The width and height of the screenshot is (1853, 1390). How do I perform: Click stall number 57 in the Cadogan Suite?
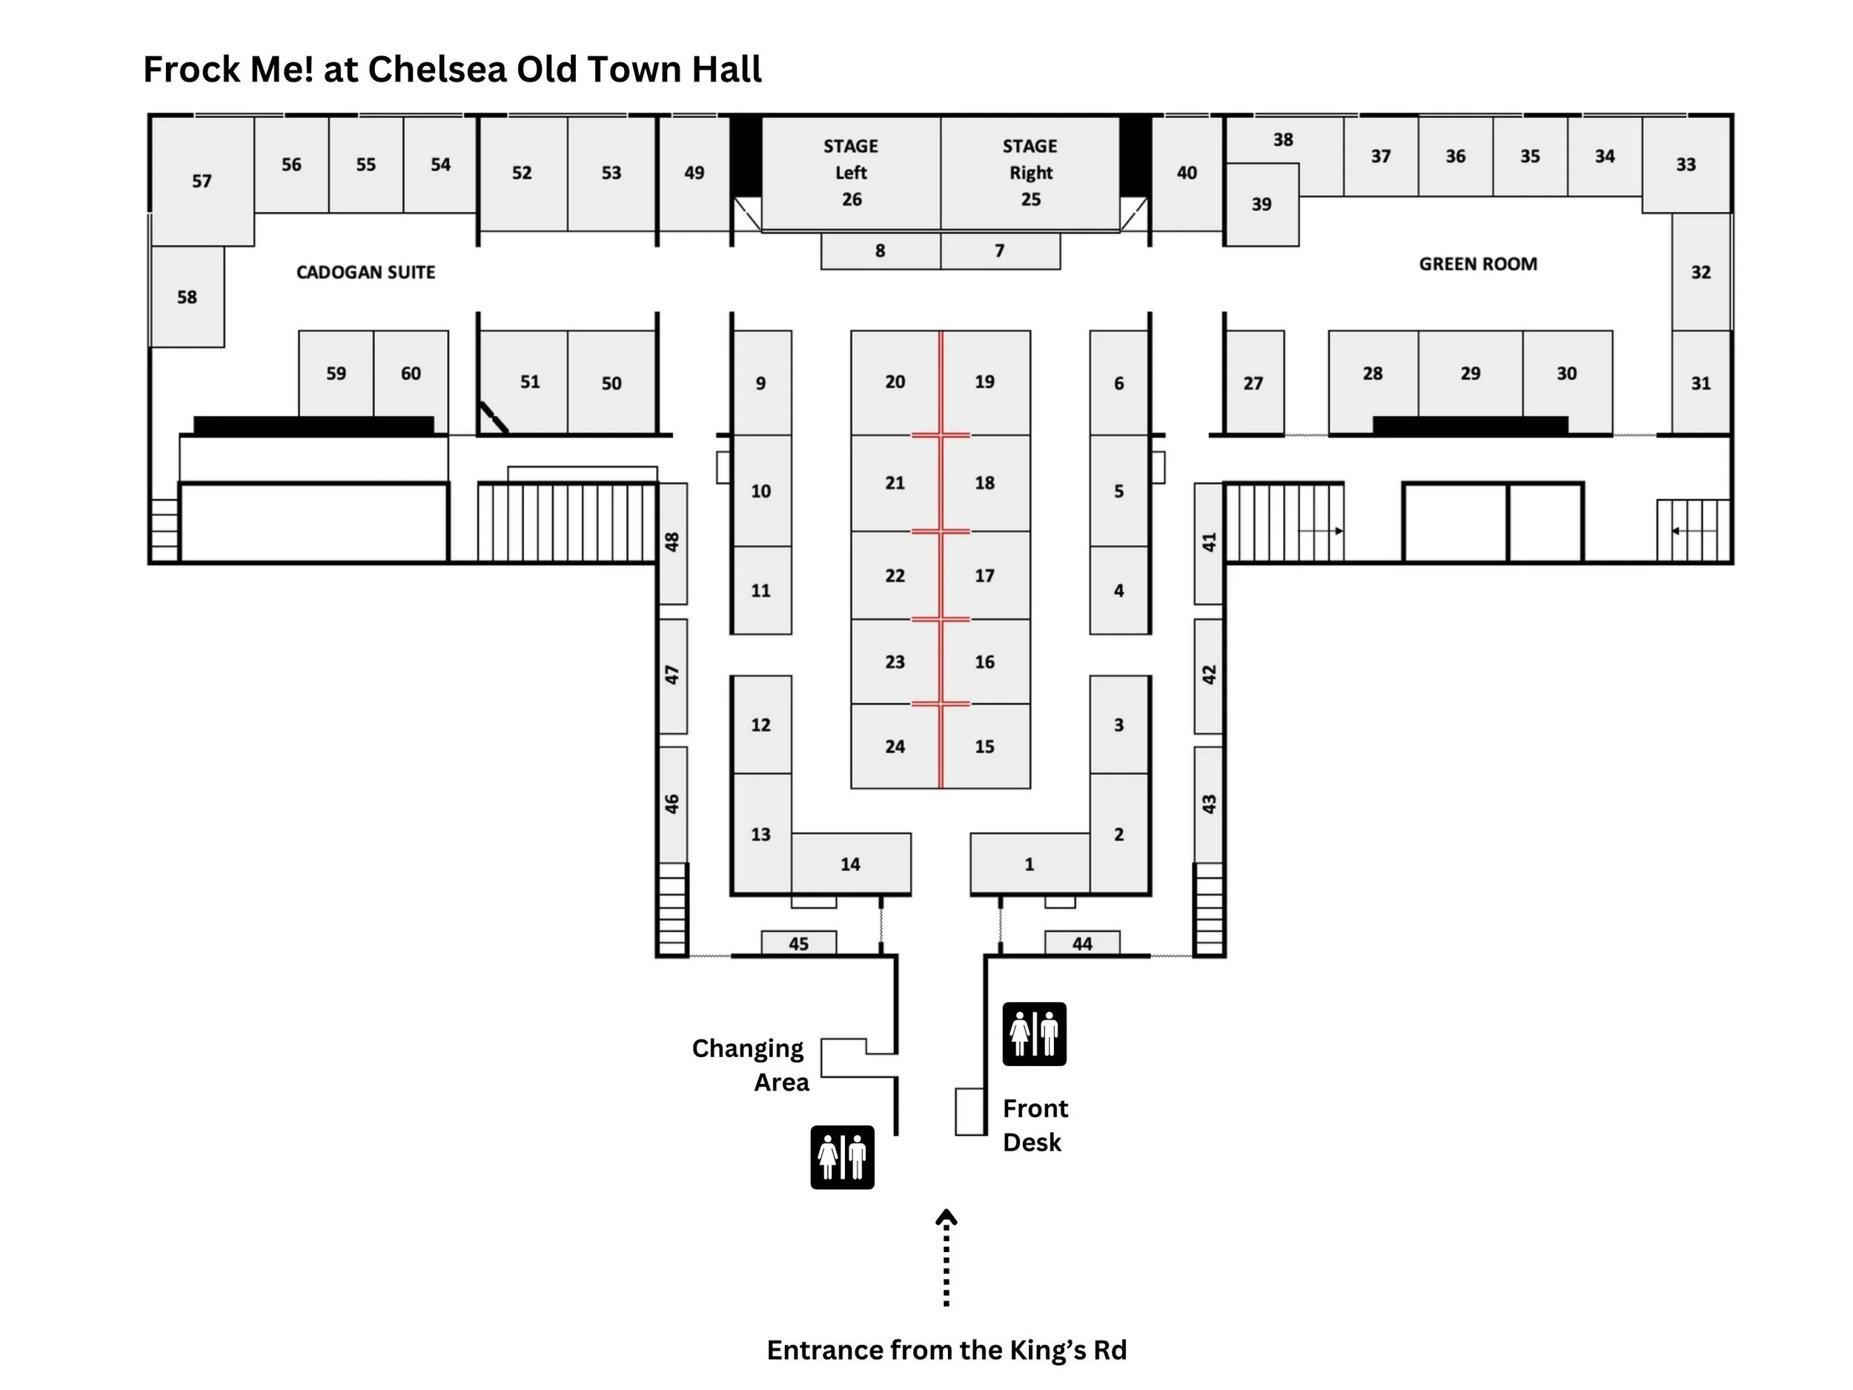coord(201,181)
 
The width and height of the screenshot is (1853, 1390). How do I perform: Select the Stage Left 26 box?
coord(850,173)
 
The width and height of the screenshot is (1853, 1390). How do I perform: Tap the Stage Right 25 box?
coord(1030,173)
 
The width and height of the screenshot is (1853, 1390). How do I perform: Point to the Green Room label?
coord(1478,264)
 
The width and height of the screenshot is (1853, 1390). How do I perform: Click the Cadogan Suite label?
coord(365,272)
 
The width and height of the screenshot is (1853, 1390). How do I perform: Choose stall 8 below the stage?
coord(880,251)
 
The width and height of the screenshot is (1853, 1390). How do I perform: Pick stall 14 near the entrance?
coord(850,864)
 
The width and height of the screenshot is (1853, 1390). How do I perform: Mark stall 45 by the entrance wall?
coord(798,944)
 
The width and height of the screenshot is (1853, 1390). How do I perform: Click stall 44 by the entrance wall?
coord(1081,944)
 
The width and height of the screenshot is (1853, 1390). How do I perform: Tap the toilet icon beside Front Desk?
coord(1034,1034)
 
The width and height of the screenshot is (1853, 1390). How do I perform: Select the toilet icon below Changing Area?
coord(842,1157)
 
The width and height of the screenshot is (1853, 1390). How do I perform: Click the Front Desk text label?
coord(1035,1125)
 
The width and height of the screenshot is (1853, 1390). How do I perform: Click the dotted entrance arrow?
coord(946,1257)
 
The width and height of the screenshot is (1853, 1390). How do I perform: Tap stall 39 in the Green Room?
coord(1262,205)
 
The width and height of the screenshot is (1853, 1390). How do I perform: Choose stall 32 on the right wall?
coord(1700,272)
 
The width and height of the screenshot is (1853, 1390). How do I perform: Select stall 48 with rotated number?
coord(672,542)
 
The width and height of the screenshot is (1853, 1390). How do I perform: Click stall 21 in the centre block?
coord(895,483)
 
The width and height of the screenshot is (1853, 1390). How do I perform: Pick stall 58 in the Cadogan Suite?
coord(187,297)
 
